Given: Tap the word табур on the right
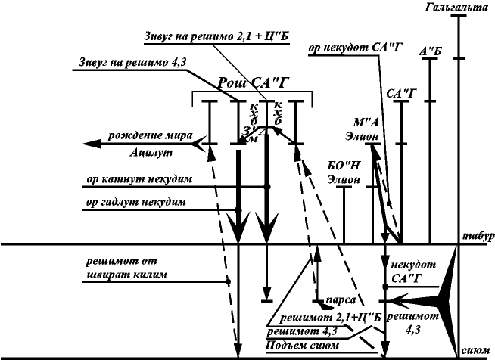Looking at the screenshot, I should point(477,236).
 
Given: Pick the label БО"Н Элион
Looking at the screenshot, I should point(342,172).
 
